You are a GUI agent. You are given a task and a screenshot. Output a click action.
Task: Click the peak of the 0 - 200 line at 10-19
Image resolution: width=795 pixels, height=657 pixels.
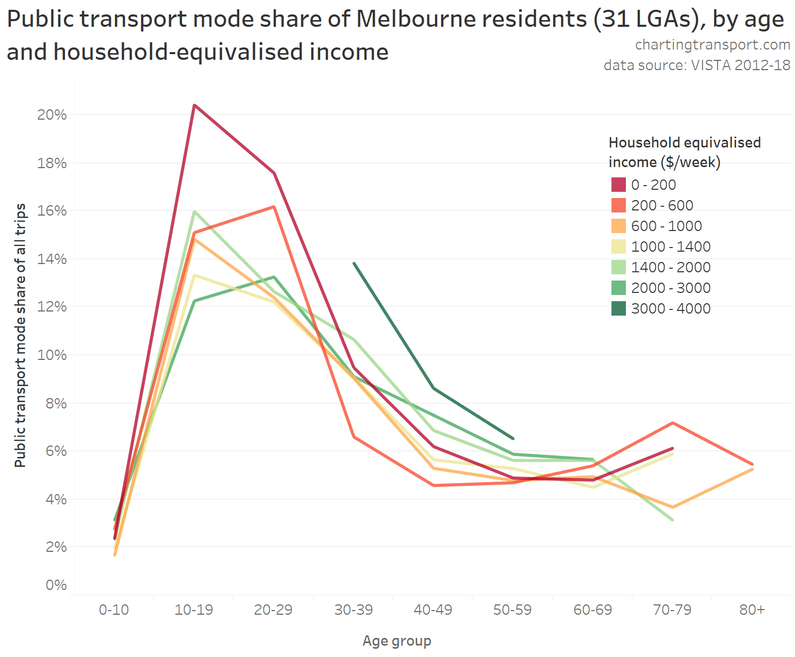(x=194, y=105)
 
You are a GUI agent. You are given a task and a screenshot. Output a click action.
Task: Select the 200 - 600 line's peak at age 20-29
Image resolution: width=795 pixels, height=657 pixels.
(x=274, y=207)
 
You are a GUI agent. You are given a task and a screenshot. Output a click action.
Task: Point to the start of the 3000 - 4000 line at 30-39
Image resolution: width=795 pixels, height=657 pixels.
(x=354, y=263)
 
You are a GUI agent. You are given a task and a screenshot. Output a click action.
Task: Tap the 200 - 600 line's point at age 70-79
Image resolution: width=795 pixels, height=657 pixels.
(x=673, y=423)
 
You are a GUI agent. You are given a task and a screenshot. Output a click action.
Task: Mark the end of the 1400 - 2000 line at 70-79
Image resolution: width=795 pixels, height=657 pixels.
(x=673, y=520)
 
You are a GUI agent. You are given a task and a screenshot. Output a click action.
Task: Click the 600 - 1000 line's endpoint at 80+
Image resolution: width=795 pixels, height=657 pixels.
(x=752, y=469)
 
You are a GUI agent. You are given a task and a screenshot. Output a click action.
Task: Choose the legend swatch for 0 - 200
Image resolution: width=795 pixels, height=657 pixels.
(x=618, y=185)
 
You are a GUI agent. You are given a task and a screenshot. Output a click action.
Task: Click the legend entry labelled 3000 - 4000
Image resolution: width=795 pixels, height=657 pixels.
(x=671, y=308)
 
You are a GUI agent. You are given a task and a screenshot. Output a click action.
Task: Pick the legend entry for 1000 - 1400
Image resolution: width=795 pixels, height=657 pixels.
(x=671, y=247)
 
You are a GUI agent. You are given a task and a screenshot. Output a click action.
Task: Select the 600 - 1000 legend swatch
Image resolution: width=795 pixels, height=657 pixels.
(x=618, y=226)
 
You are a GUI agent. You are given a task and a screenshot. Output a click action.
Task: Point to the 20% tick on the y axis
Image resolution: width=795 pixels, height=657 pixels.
(x=52, y=114)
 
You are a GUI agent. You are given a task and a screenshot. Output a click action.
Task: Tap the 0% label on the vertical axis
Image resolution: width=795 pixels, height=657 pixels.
(x=56, y=585)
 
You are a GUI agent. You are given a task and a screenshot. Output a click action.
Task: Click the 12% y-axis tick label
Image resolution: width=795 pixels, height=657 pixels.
(x=52, y=307)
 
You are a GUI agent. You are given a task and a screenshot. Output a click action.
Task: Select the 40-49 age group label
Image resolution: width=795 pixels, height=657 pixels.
(x=433, y=610)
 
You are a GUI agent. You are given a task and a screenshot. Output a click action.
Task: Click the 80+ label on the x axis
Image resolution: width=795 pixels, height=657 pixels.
(x=752, y=610)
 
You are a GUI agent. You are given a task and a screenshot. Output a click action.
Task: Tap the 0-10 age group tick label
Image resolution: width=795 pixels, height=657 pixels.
(x=114, y=610)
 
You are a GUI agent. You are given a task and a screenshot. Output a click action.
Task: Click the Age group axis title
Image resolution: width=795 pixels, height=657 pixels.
(x=397, y=640)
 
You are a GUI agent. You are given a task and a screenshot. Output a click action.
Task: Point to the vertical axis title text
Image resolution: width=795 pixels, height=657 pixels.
(x=20, y=335)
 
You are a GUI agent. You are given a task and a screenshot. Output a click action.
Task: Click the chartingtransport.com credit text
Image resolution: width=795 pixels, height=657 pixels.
(x=713, y=45)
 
